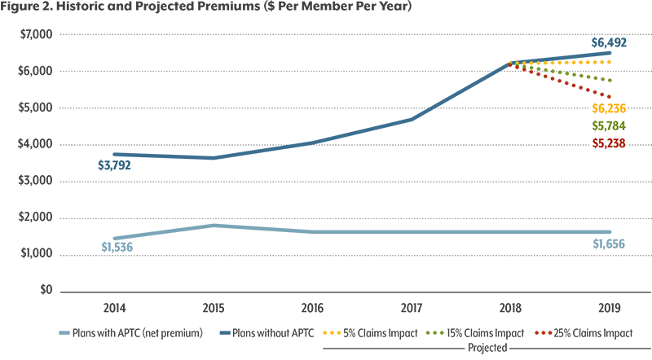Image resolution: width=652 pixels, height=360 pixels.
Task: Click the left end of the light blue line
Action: (x=96, y=239)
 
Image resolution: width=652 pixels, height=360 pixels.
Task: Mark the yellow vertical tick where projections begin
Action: (x=509, y=55)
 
